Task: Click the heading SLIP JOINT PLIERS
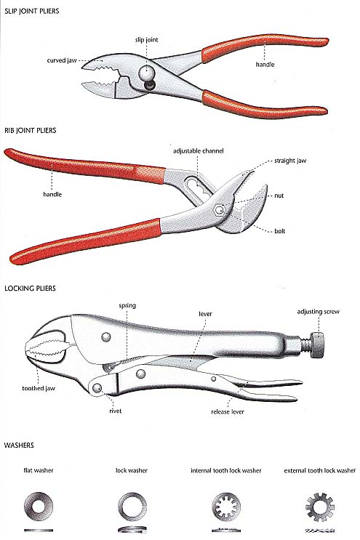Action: point(32,11)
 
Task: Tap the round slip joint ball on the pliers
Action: point(146,73)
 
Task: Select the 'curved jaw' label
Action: point(62,60)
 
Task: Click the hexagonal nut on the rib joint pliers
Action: point(219,210)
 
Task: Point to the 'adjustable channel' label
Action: point(198,151)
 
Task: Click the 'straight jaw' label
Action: point(290,161)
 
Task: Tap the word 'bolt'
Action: point(279,231)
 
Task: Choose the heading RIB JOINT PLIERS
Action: point(31,130)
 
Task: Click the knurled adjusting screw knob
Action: point(317,345)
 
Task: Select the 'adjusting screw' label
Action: point(318,312)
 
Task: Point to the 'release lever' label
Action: point(228,411)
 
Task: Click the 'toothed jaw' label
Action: point(39,388)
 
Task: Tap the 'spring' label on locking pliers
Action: point(127,305)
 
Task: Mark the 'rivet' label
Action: point(115,411)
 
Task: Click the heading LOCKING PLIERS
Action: point(30,289)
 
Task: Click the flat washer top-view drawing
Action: point(39,507)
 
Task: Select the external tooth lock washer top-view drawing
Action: point(320,507)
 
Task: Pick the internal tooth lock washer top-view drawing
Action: point(226,507)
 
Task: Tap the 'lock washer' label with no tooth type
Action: point(131,470)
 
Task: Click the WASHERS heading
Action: point(19,446)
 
